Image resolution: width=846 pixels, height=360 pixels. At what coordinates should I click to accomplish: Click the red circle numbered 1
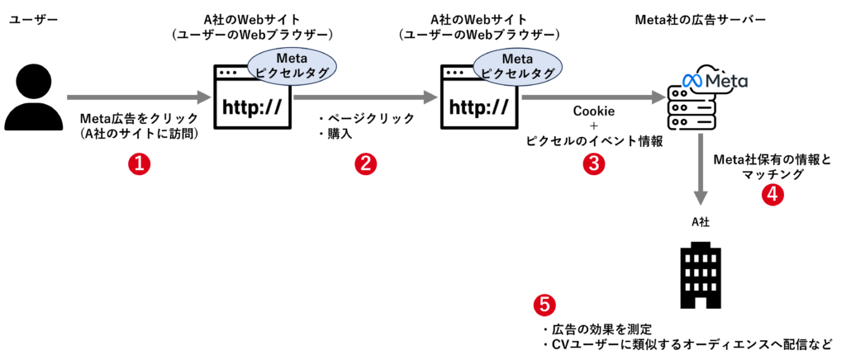point(139,163)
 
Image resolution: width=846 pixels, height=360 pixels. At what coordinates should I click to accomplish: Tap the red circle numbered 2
point(366,163)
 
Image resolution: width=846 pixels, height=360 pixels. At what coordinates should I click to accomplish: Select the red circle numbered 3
point(593,163)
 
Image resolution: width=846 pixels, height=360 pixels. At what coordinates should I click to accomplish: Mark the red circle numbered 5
point(544,306)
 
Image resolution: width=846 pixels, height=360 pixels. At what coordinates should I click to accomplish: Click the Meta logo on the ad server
point(715,81)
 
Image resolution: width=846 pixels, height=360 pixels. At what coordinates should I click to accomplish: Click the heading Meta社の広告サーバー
point(701,18)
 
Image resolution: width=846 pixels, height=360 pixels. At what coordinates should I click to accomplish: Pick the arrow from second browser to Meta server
point(593,97)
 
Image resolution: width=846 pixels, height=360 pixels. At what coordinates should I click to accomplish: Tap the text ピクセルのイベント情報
point(594,141)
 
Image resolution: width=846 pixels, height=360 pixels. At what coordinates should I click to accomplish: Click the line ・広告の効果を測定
point(597,329)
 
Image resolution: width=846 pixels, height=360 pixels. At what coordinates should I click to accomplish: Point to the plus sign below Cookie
point(594,126)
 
